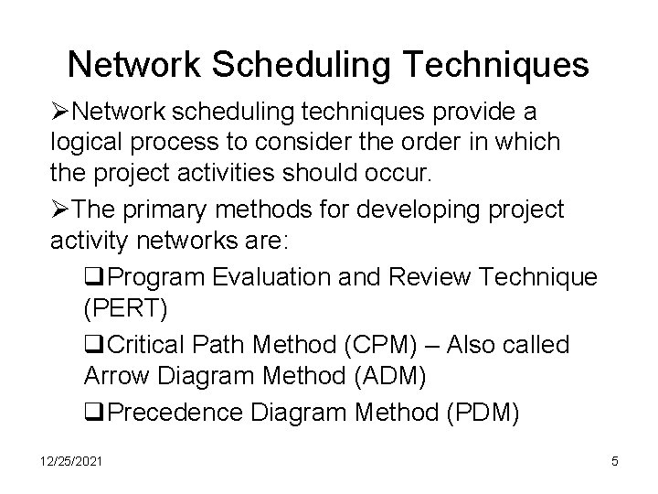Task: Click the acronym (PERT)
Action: tap(125, 309)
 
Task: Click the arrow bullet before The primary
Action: tap(60, 209)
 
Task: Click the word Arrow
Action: tap(114, 377)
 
